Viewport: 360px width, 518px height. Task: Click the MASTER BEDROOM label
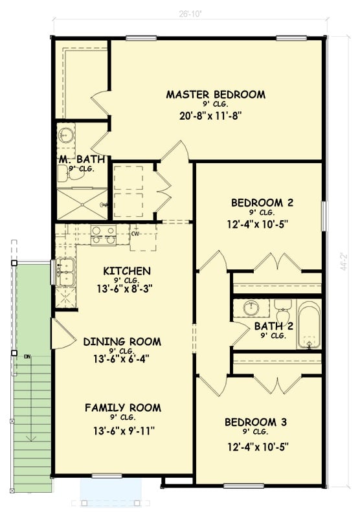click(216, 95)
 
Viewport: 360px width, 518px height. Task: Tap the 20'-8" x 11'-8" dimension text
click(215, 117)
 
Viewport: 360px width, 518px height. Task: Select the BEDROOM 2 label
click(262, 203)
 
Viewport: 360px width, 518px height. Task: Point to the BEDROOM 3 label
click(255, 423)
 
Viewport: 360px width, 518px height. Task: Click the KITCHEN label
click(127, 271)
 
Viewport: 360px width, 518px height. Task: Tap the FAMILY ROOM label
click(123, 408)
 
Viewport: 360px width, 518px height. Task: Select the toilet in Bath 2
click(282, 311)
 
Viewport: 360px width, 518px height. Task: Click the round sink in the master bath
click(65, 136)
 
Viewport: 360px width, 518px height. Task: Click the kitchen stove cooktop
click(103, 234)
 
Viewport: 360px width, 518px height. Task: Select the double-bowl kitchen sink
click(63, 272)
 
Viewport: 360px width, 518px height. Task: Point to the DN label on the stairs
click(28, 357)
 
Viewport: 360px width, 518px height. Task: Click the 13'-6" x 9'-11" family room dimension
click(123, 431)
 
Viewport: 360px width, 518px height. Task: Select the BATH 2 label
click(270, 326)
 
